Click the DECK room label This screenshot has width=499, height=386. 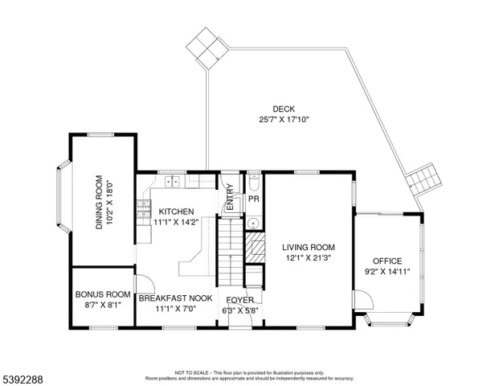point(284,109)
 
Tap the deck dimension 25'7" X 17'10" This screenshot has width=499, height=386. point(284,120)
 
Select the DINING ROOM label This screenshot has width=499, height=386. point(99,202)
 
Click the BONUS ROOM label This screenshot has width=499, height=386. point(103,294)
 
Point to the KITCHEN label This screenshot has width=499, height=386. point(176,211)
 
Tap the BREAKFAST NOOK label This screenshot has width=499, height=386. point(176,298)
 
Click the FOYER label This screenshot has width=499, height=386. point(240,300)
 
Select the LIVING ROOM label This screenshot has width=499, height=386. point(309,247)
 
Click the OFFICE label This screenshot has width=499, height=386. point(387,261)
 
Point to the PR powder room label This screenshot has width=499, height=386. point(254,199)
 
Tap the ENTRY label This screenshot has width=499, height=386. point(230,198)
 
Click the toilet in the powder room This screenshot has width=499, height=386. point(254,181)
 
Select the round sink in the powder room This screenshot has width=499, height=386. point(254,223)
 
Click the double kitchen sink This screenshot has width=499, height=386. point(172,181)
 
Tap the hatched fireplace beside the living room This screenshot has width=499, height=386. point(255,248)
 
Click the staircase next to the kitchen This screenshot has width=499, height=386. point(231,252)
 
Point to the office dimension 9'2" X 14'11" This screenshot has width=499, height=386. point(387,272)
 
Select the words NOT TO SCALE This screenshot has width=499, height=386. point(191,372)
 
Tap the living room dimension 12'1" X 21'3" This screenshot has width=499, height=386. point(309,257)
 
